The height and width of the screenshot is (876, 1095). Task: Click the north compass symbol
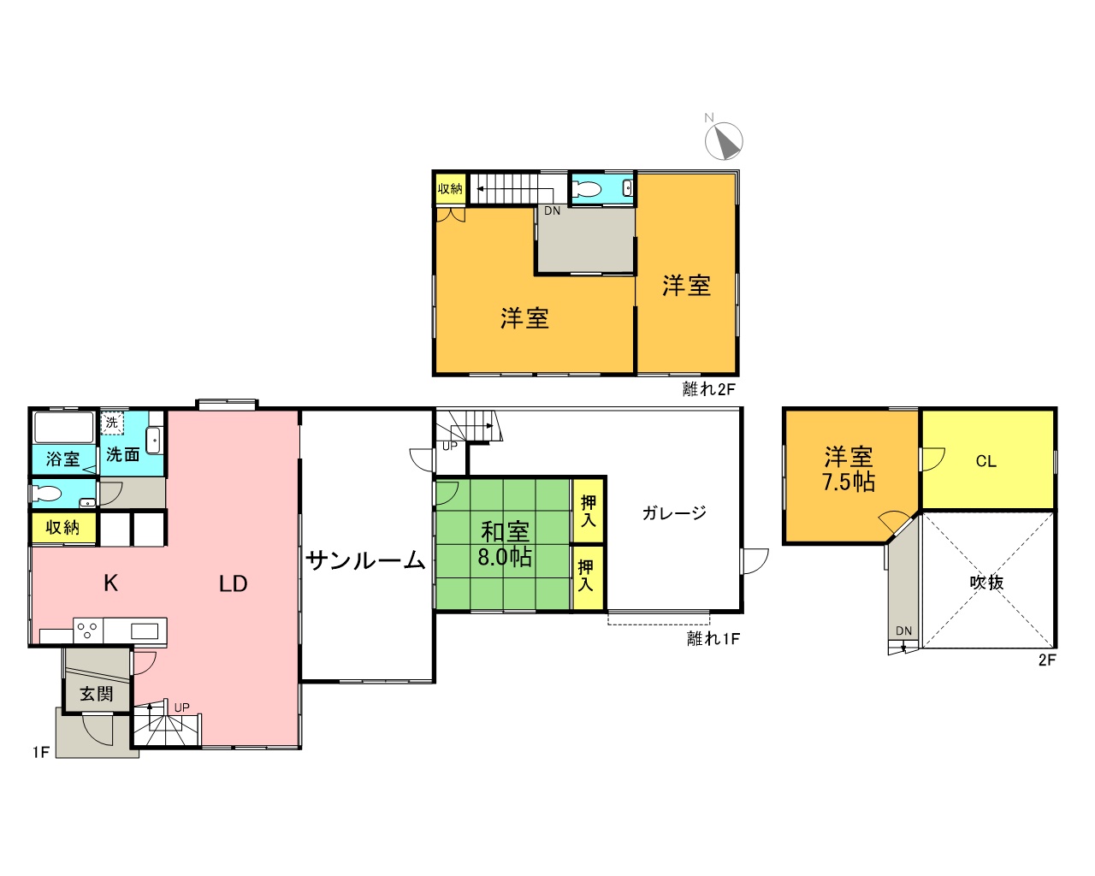point(723,140)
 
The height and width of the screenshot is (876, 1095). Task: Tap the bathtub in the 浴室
point(63,428)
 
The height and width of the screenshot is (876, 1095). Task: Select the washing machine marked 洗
point(112,423)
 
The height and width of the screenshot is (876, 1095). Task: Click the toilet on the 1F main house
point(46,494)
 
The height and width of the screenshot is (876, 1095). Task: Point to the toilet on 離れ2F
point(587,189)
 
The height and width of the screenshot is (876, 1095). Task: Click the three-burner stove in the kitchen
point(88,630)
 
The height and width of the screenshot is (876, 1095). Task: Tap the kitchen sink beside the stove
point(144,631)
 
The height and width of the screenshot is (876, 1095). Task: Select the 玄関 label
point(96,694)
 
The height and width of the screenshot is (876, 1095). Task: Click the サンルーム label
point(366,561)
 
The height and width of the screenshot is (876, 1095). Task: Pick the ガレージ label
point(674,512)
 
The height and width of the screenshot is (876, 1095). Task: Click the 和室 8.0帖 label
point(504,544)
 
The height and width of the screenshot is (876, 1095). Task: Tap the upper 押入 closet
point(588,511)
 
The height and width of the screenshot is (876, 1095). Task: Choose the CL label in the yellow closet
point(985,461)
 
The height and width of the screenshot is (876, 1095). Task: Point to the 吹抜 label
point(986,582)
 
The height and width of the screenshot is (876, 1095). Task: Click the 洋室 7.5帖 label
point(849,469)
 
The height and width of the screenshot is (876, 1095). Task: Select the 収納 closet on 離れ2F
point(450,189)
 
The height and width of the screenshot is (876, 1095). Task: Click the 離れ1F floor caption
point(713,639)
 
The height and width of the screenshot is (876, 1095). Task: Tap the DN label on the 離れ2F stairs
point(552,210)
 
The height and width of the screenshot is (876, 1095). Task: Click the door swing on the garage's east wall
point(755,561)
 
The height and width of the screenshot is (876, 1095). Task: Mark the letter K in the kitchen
point(111,583)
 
